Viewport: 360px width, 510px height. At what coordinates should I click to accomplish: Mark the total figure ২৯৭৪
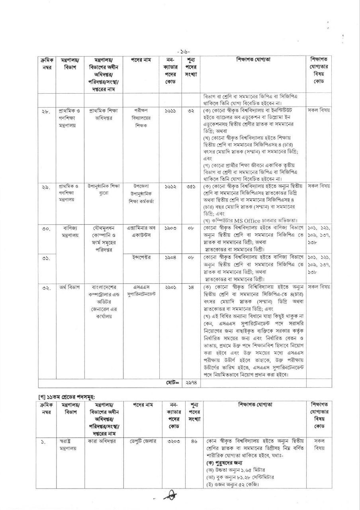190,382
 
